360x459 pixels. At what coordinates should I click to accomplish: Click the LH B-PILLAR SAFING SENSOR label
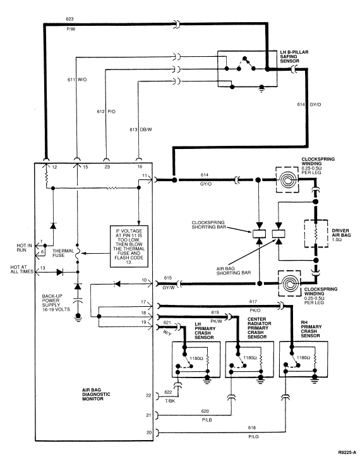294,56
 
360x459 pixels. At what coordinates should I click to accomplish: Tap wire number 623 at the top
69,19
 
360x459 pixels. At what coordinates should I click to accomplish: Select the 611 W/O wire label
77,80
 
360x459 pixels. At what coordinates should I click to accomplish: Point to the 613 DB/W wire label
141,129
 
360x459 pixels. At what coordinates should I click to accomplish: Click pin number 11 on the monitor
145,176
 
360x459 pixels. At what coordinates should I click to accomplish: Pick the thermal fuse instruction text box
129,246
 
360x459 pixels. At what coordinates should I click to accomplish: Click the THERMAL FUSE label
63,253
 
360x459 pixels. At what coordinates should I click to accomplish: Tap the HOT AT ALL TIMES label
22,270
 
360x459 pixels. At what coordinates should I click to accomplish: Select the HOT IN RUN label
24,247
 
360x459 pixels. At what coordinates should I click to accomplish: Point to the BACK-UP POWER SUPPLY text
56,302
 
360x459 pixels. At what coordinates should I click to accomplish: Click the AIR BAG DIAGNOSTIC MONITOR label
96,395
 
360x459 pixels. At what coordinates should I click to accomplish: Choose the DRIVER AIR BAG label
341,235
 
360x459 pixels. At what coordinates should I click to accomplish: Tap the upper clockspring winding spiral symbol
287,180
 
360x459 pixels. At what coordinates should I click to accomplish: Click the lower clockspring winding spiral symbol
290,283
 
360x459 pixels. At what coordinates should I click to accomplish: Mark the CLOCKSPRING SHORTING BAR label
208,225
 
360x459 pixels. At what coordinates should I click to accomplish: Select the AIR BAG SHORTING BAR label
234,271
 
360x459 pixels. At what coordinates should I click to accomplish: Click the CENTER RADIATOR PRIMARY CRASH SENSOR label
259,328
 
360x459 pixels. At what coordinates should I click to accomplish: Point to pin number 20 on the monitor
149,432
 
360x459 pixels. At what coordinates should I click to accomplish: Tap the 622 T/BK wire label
169,396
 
